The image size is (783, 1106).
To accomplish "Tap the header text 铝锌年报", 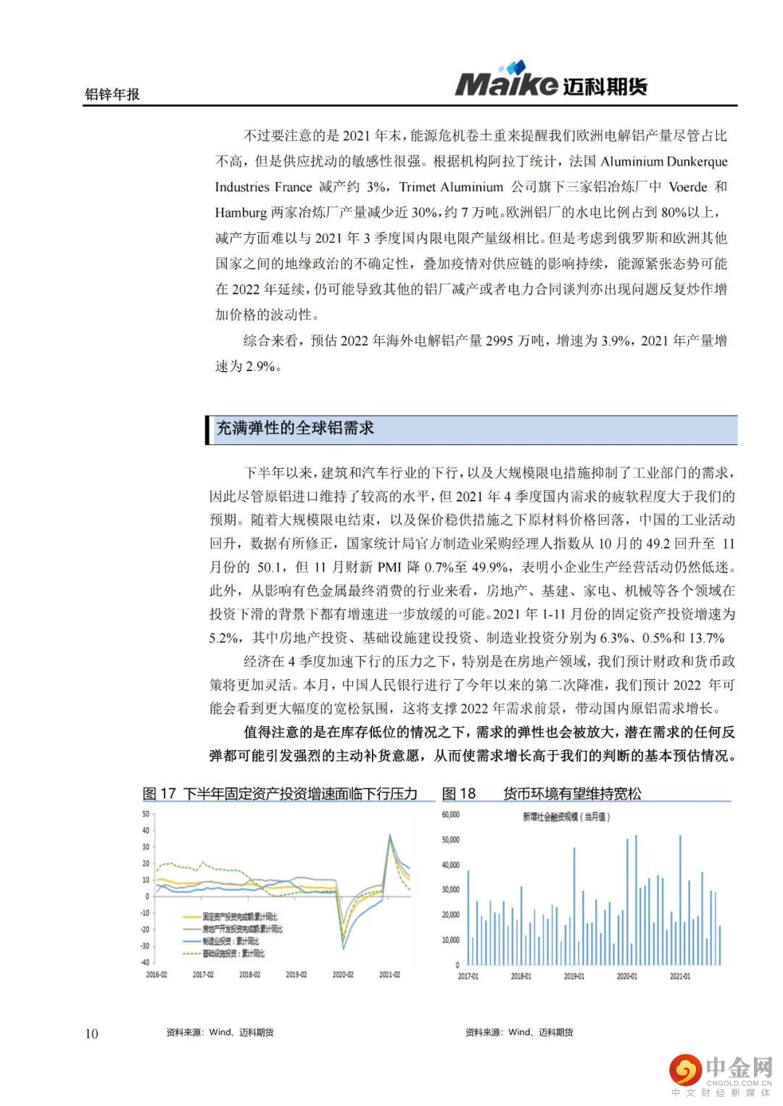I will (112, 94).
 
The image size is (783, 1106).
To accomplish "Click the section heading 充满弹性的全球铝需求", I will (295, 428).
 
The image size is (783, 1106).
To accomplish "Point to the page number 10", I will (91, 1034).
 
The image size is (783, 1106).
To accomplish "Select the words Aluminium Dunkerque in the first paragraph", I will (663, 162).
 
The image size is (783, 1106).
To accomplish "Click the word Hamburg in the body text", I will (241, 212).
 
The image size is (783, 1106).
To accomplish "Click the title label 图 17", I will (159, 794).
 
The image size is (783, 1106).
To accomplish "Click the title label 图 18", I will (458, 794).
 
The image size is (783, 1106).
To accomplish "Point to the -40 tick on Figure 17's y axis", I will (145, 962).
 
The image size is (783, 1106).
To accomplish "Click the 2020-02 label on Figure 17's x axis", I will (342, 975).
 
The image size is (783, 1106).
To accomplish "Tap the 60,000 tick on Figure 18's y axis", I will (450, 815).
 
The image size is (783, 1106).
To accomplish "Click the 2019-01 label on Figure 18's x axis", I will (573, 976).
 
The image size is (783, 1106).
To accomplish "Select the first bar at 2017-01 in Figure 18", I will (468, 918).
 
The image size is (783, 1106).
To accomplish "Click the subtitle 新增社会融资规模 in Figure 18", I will (566, 817).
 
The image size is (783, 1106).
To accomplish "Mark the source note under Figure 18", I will (519, 1032).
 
